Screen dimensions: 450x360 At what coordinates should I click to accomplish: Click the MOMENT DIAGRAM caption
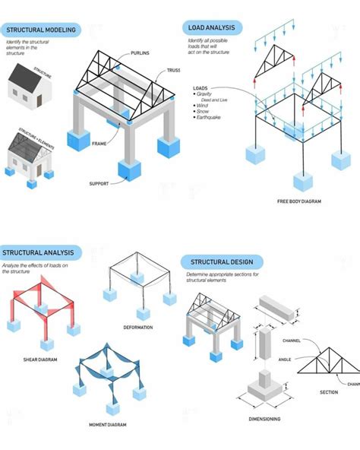point(107,424)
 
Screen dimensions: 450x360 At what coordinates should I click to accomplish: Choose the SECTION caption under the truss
point(329,391)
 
